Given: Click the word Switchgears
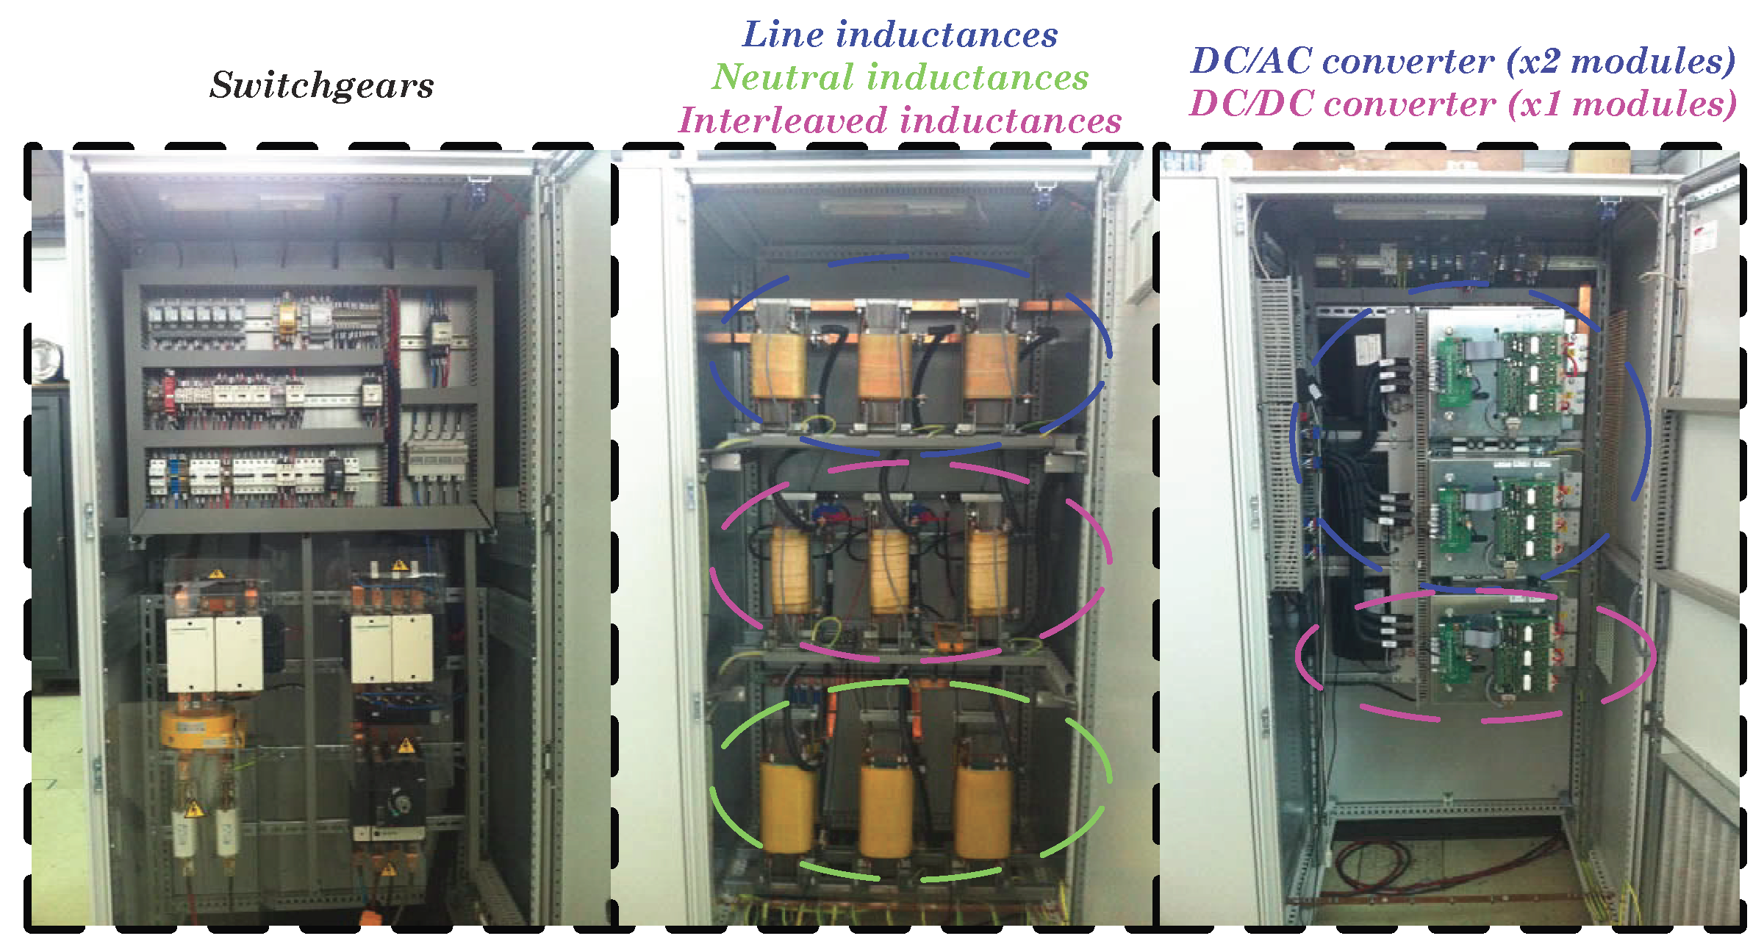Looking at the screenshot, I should pos(321,85).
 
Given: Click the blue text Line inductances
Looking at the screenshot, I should pos(900,35).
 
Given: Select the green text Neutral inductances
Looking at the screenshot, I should pos(900,77).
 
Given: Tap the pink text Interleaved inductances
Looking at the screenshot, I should pos(900,121).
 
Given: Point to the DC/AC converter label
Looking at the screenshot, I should pos(1463,61).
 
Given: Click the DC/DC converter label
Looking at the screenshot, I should pos(1463,104).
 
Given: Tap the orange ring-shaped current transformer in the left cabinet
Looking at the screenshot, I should pos(198,728).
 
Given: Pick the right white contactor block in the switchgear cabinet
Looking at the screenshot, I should pos(392,648).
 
